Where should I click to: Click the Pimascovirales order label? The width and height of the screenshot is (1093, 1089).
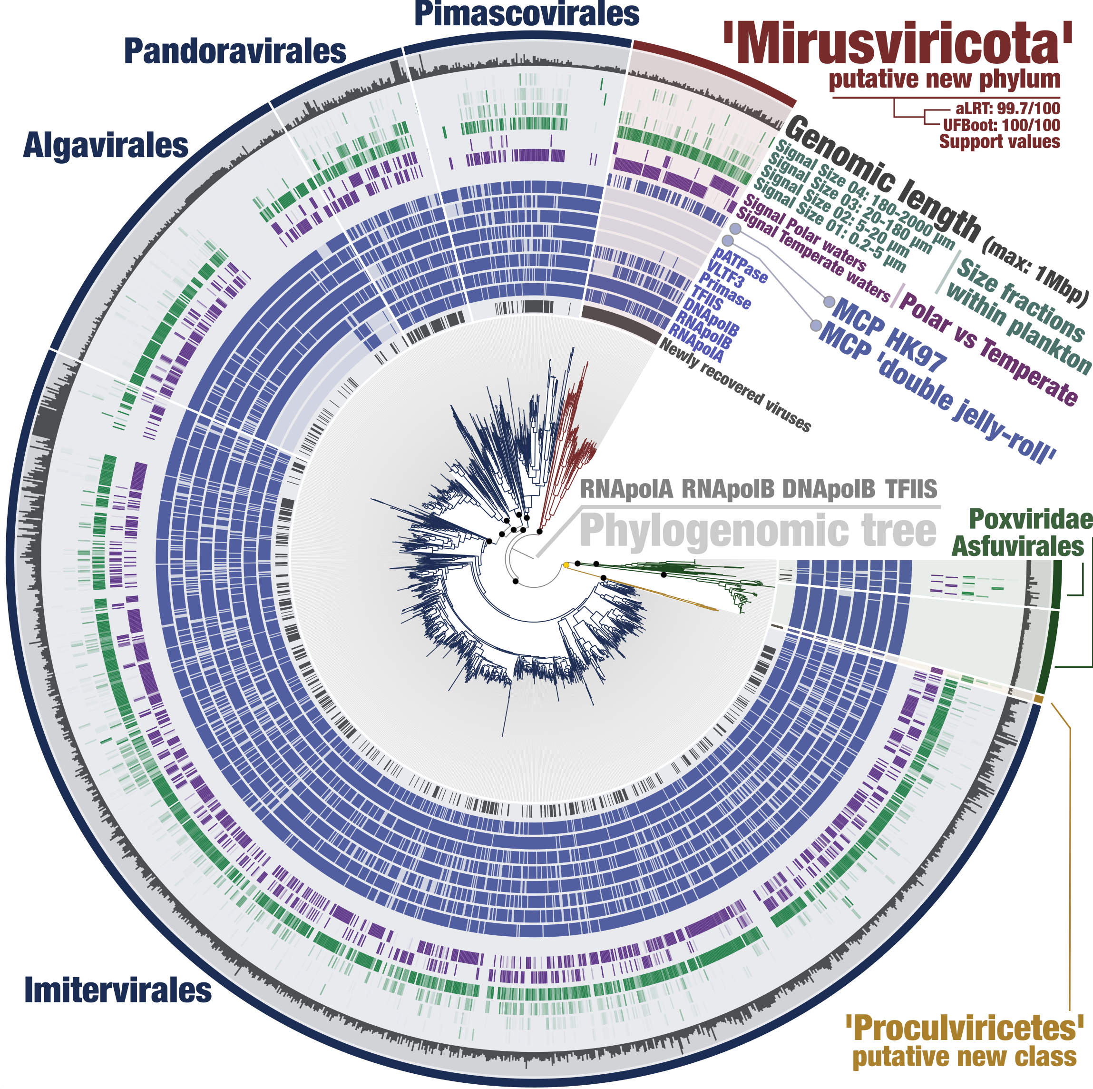tap(527, 14)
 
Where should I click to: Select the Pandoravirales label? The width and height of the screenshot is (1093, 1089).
tap(235, 51)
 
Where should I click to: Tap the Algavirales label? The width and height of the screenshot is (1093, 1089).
tap(105, 146)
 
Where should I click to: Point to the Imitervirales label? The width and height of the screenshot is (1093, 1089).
tap(117, 990)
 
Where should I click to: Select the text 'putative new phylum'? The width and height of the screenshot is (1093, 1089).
tap(944, 79)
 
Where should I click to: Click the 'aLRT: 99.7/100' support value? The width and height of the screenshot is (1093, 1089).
tap(1007, 109)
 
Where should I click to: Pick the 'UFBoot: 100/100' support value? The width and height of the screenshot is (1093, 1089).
tap(1001, 125)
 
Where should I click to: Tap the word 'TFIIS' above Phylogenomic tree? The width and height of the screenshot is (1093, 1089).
tap(911, 489)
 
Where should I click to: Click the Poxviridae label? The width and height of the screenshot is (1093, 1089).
tap(1030, 519)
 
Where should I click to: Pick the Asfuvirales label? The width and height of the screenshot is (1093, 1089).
tap(1018, 547)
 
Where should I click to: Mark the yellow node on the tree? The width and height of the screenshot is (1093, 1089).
tap(566, 565)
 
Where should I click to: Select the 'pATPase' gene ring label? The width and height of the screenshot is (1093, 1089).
tap(741, 265)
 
